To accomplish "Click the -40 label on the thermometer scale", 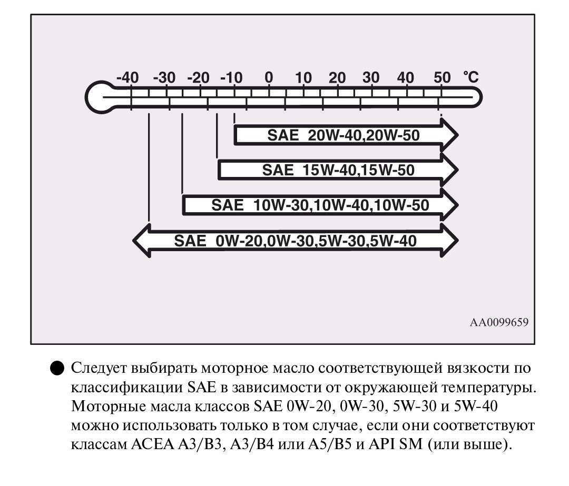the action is [127, 77].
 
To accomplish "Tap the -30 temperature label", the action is [164, 77].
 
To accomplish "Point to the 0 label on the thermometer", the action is [269, 77].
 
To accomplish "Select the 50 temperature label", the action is [442, 77].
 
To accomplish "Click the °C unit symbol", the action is [470, 77].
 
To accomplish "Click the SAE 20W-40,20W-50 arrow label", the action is [344, 135].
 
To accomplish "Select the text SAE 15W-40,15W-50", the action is [338, 170].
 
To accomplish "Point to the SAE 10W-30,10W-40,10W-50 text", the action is [320, 205].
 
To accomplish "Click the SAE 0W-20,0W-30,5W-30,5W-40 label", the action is [295, 241].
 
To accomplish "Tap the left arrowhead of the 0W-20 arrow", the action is [142, 241].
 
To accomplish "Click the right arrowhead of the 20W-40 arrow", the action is [449, 135].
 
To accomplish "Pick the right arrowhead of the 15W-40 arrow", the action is [449, 170].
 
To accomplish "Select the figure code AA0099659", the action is [499, 322].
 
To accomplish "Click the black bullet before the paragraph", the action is [57, 368].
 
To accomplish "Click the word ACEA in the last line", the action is [152, 444].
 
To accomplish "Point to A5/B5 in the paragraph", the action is [330, 444].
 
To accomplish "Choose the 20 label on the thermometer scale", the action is [337, 77].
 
